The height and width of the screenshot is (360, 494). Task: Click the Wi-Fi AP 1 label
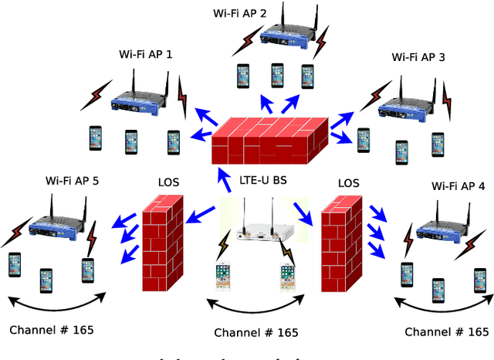[146, 55]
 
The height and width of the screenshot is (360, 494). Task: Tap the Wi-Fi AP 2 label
[240, 13]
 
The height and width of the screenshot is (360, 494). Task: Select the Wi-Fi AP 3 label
[418, 56]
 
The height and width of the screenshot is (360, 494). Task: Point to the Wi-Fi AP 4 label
[458, 185]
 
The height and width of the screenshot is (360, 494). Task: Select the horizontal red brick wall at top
[270, 139]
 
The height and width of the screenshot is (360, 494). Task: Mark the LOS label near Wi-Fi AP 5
[168, 182]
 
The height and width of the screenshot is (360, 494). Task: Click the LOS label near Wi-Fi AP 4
[349, 183]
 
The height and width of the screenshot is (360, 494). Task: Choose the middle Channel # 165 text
[256, 333]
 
